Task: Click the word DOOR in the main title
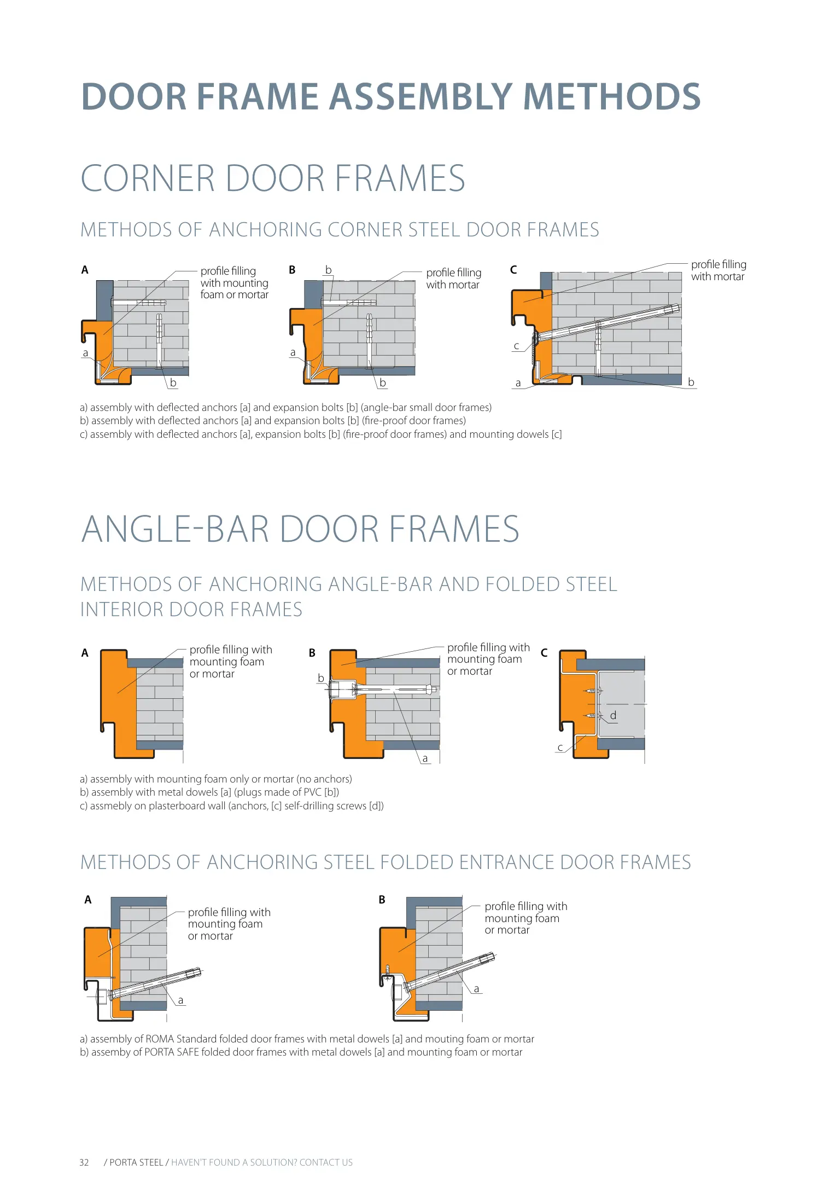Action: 133,97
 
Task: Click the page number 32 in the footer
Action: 84,1162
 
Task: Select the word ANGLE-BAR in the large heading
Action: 176,529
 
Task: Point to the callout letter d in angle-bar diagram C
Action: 613,715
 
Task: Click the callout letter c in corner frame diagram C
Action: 516,346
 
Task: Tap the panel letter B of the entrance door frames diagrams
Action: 382,900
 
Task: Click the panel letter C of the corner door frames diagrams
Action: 513,270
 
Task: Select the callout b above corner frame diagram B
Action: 328,270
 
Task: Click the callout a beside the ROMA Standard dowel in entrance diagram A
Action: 180,1000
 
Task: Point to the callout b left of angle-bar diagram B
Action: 321,679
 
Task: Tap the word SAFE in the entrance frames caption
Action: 188,1052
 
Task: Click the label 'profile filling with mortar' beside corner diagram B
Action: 453,279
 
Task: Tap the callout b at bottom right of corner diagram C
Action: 691,382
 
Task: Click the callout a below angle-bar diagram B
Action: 425,758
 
